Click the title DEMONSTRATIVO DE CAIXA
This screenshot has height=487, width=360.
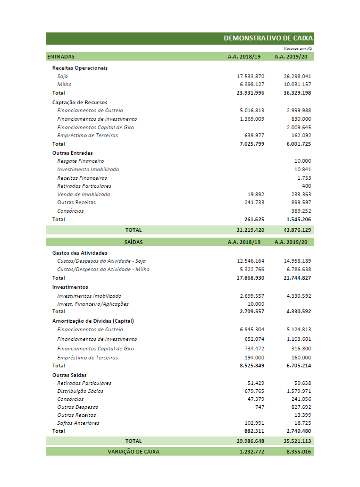[x=268, y=38]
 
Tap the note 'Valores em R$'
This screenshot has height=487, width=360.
[x=298, y=48]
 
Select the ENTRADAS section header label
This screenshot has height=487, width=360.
[x=61, y=56]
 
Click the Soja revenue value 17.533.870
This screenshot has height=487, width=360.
[x=250, y=77]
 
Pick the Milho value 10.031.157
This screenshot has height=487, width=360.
[x=297, y=85]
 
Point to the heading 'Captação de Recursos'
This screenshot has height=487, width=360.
[x=80, y=102]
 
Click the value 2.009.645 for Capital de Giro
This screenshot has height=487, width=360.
[x=298, y=128]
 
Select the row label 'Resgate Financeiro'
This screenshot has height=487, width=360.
[x=80, y=161]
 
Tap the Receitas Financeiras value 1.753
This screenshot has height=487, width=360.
[x=304, y=178]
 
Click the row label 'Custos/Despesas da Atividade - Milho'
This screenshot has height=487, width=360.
[x=103, y=270]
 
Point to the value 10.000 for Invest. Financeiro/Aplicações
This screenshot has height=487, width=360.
[x=255, y=304]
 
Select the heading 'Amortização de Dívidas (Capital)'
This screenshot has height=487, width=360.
[x=93, y=321]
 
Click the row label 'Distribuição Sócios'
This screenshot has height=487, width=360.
[x=80, y=391]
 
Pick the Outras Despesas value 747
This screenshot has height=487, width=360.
[x=259, y=407]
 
